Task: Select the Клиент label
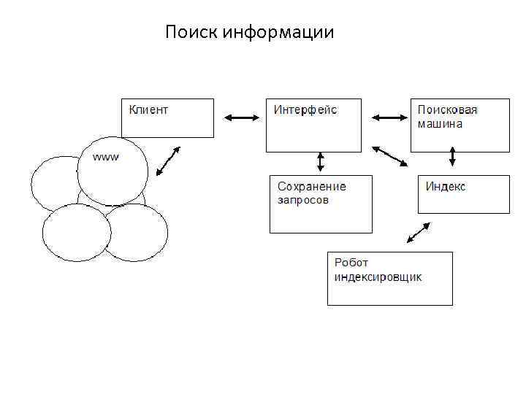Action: tap(148, 110)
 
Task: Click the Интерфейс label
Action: tap(305, 110)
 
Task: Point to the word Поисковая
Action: tap(447, 110)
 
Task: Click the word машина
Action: tap(440, 123)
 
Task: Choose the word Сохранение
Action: tap(312, 187)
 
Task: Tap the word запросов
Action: tap(303, 199)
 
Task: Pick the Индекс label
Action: tap(446, 187)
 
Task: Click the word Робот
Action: tap(351, 263)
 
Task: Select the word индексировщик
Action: tap(378, 277)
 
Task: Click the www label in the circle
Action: tap(107, 157)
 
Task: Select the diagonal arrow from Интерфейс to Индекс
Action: tap(390, 156)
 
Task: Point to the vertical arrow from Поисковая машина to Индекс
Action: tap(453, 157)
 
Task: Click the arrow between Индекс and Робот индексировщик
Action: tap(418, 233)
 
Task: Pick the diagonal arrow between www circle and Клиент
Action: tap(168, 162)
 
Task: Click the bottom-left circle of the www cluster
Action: tap(77, 233)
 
